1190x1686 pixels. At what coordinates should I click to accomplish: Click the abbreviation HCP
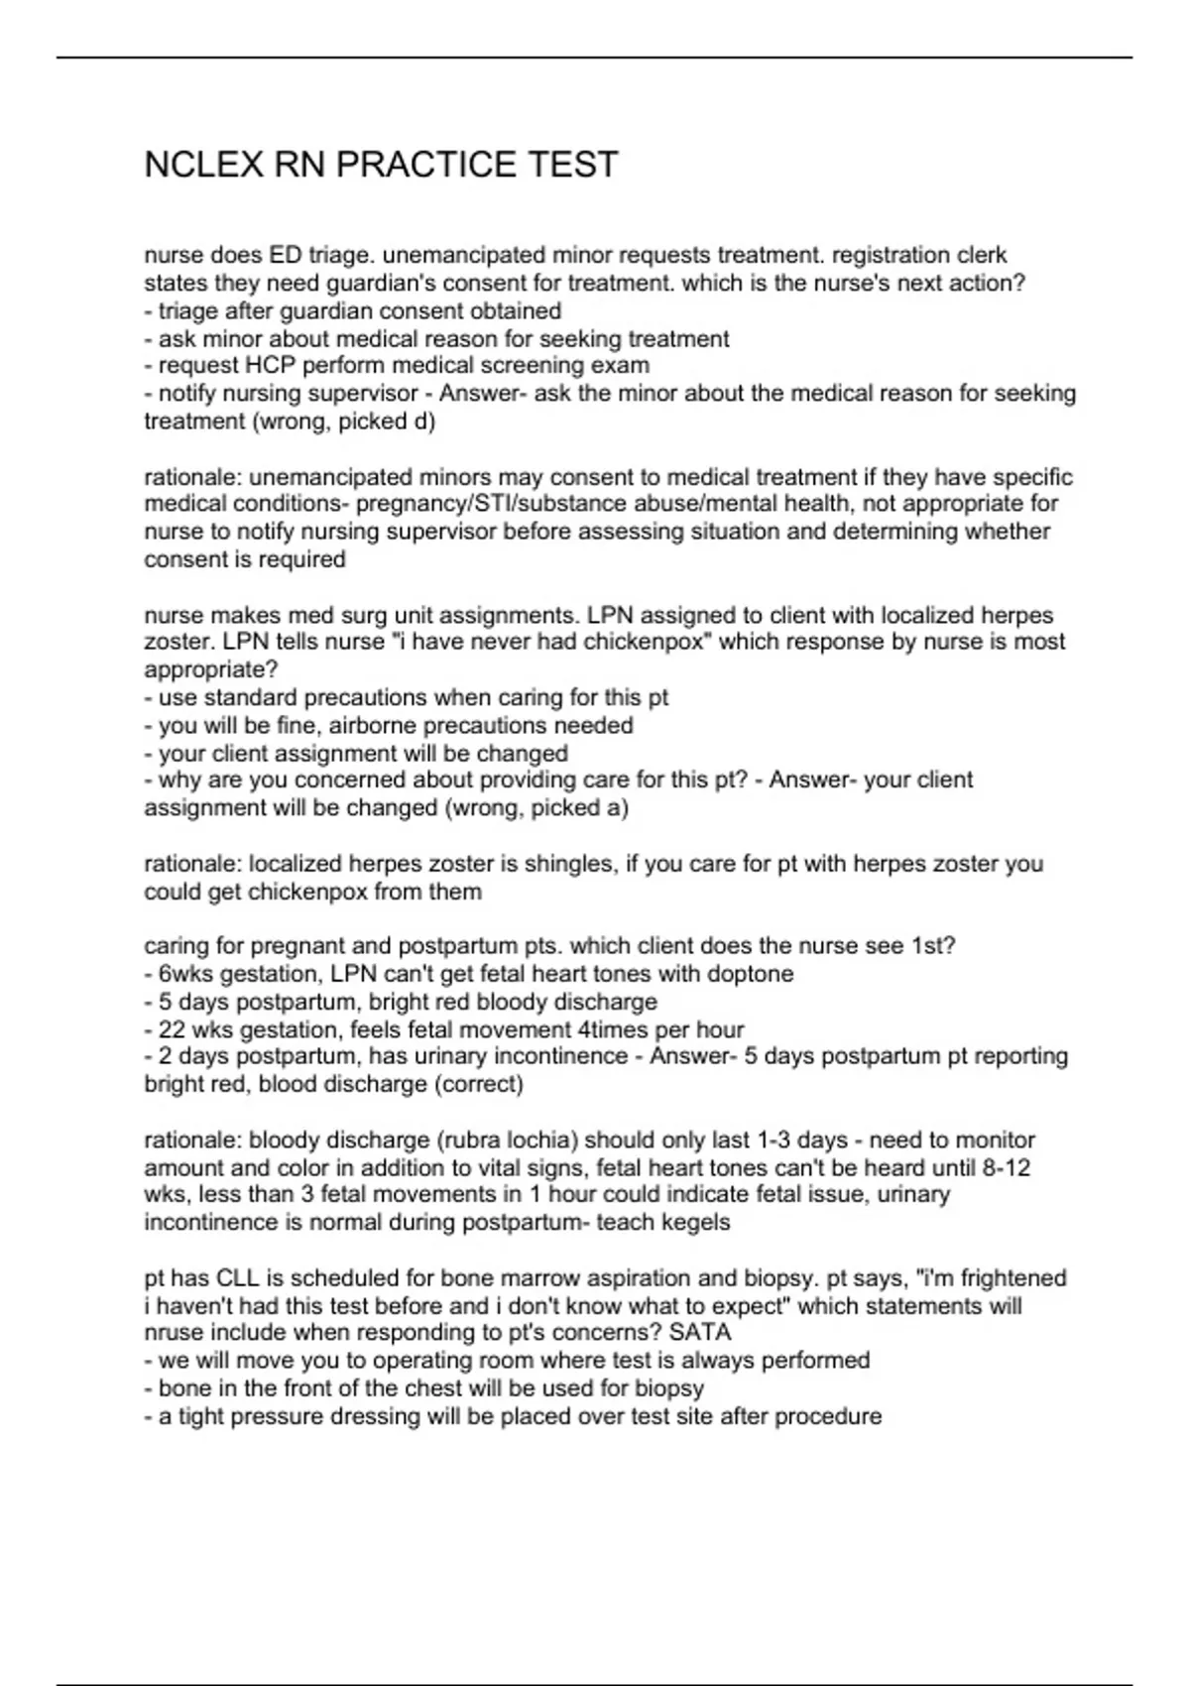[270, 365]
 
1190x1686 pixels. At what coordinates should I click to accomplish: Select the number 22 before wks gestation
[172, 1029]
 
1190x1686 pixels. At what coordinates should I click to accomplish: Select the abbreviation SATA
[700, 1332]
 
